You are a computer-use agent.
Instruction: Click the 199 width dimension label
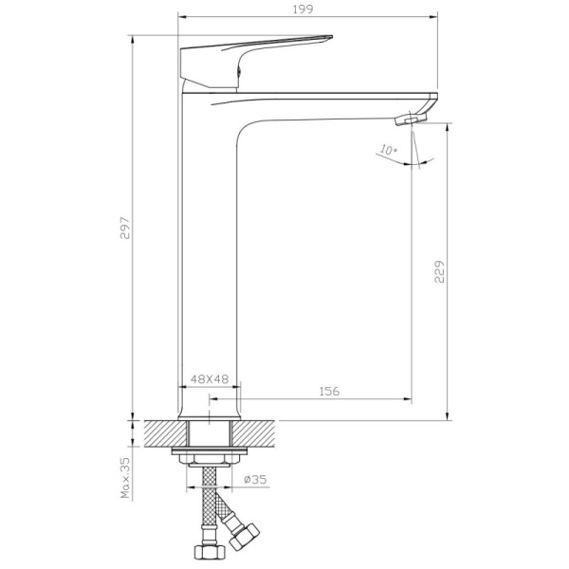point(303,9)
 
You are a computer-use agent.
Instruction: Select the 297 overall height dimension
point(124,229)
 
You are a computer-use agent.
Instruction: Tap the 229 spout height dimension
point(439,271)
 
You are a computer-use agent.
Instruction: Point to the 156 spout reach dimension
point(329,391)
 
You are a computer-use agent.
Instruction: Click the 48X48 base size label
point(210,379)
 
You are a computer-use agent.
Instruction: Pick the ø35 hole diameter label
point(255,479)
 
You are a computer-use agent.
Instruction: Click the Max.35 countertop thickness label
point(125,478)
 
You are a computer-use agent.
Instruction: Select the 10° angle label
point(389,150)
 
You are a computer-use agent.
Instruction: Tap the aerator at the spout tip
point(412,119)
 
